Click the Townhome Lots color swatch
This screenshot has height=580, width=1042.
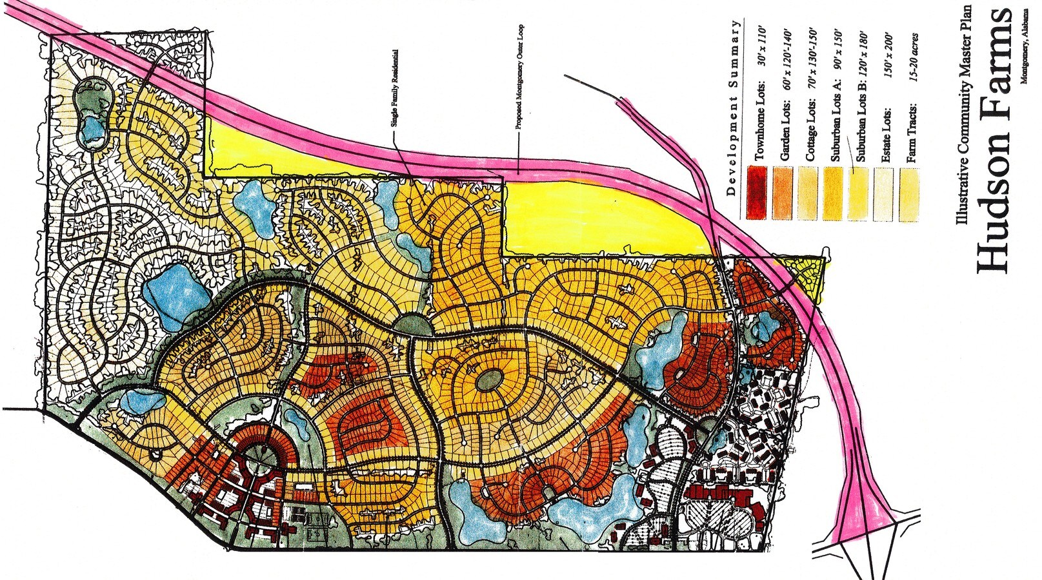[x=756, y=192]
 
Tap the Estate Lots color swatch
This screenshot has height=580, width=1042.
[x=883, y=193]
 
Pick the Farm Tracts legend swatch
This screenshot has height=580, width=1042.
[x=908, y=193]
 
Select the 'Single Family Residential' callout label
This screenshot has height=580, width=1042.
[x=394, y=90]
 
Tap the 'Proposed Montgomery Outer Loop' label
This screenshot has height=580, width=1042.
[x=519, y=77]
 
